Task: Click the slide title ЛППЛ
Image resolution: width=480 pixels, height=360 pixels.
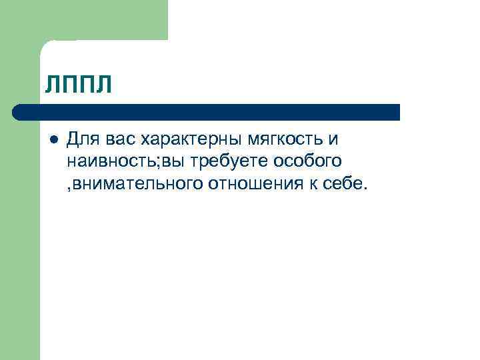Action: [x=78, y=85]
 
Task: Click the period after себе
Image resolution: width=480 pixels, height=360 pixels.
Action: [x=365, y=186]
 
